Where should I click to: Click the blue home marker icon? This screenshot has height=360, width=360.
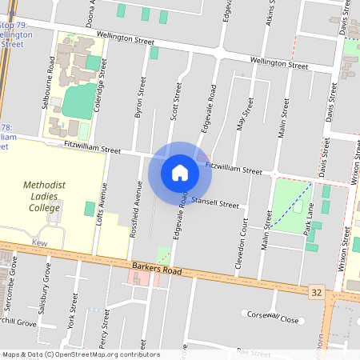point(180,172)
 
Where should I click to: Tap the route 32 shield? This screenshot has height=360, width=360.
point(317,294)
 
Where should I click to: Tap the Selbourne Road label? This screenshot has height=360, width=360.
point(51,77)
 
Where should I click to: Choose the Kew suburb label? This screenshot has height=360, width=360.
point(39,242)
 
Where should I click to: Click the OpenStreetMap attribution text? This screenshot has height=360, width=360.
point(80,354)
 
